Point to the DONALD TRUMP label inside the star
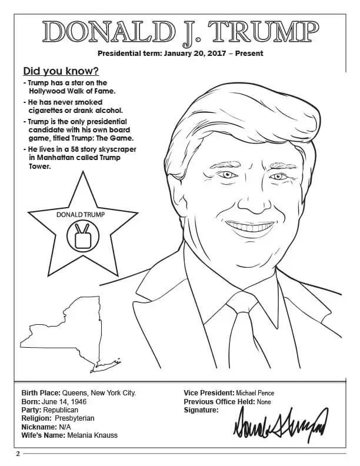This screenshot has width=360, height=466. [x=81, y=215]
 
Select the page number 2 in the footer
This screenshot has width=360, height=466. [x=18, y=453]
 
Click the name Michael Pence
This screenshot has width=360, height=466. [x=255, y=393]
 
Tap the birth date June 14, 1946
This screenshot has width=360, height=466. [x=63, y=401]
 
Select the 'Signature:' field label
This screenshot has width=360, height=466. [x=201, y=410]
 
